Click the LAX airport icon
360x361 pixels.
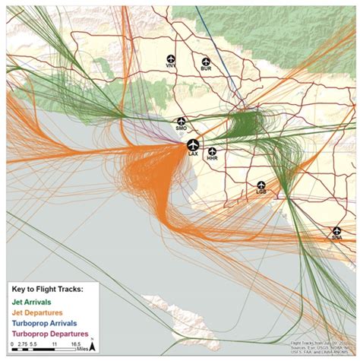[x=193, y=144]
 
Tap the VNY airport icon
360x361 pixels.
[x=170, y=59]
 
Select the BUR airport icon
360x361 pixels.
[x=205, y=62]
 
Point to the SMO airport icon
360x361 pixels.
[x=182, y=121]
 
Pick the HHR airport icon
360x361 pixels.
[x=212, y=151]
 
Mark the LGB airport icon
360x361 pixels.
[x=261, y=185]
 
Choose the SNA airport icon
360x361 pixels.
[x=336, y=230]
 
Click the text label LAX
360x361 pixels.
[x=193, y=154]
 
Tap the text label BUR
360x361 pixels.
[x=205, y=70]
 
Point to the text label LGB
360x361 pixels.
[x=261, y=192]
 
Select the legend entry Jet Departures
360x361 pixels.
[x=38, y=312]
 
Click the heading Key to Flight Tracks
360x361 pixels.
[x=47, y=290]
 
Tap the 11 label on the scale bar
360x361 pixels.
[x=55, y=344]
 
